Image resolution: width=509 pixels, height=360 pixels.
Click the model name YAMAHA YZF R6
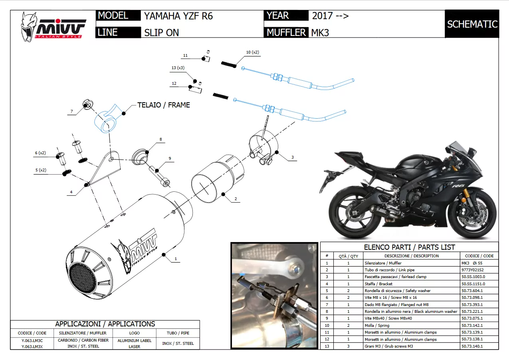178,16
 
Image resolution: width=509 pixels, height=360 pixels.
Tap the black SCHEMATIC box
472,24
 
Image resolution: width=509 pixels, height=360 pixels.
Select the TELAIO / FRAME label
164,105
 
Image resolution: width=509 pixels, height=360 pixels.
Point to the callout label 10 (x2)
252,52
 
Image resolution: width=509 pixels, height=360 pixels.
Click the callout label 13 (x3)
178,68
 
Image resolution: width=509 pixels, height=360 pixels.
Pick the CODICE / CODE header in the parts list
479,256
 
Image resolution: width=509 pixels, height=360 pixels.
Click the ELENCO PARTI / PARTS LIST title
409,247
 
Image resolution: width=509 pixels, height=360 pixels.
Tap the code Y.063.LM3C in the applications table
32,340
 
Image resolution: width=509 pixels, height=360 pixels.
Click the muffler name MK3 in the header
320,33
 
